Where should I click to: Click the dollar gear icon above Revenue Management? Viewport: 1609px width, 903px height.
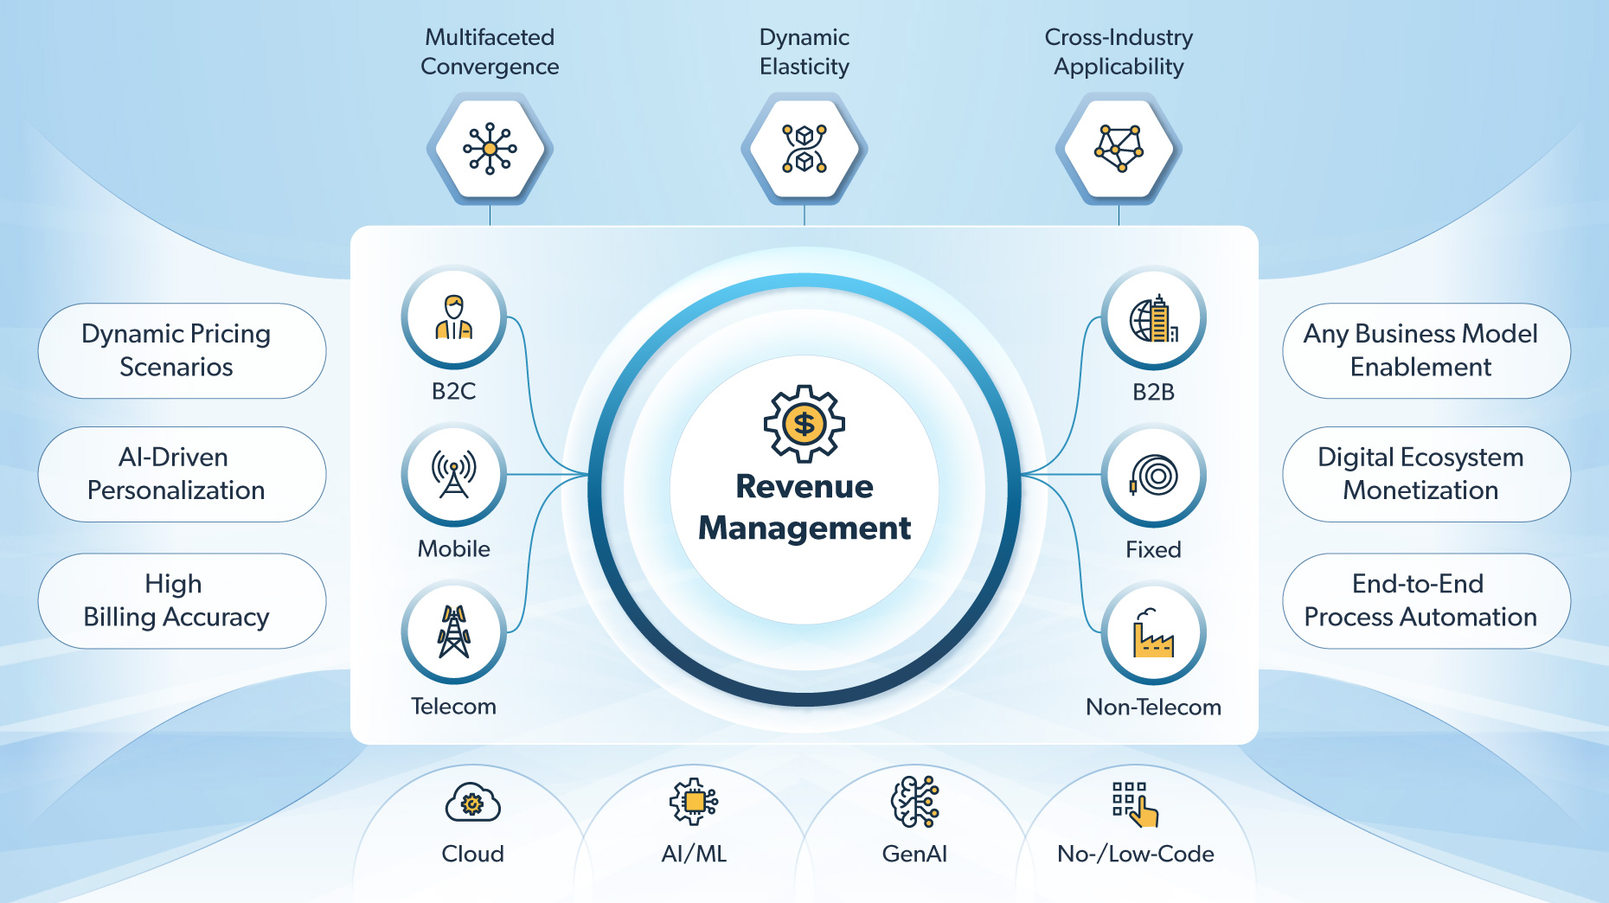pos(804,424)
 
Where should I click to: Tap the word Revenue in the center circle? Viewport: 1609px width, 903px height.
pos(804,487)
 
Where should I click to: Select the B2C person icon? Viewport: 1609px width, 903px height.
pos(453,317)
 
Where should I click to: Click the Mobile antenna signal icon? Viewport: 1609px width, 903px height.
pos(453,475)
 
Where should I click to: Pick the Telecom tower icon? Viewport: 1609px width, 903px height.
pos(453,632)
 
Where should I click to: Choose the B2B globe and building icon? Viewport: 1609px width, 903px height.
pos(1153,318)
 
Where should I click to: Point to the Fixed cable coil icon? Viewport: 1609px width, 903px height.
pos(1153,476)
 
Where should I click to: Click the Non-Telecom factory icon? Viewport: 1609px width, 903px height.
pos(1153,633)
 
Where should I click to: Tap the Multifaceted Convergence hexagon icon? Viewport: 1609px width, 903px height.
pos(490,149)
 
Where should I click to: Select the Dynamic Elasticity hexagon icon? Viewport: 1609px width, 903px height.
pos(804,149)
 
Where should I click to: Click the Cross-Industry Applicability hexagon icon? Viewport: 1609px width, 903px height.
pos(1119,149)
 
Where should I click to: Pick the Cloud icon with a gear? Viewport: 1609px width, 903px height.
pos(472,804)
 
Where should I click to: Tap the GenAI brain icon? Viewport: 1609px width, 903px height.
pos(914,801)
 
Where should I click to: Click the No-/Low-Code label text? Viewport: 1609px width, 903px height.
pos(1135,854)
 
